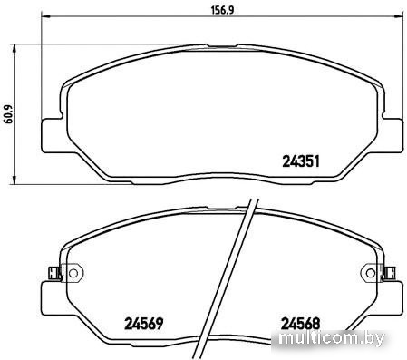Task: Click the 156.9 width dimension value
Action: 222,10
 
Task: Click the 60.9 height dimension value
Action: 8,114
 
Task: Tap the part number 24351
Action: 301,161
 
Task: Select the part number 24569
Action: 144,324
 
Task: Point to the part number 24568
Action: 300,324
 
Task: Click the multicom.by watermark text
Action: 332,338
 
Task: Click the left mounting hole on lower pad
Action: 73,273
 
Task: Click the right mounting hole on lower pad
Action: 371,273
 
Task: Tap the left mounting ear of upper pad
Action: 52,135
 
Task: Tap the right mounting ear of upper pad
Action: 392,135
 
